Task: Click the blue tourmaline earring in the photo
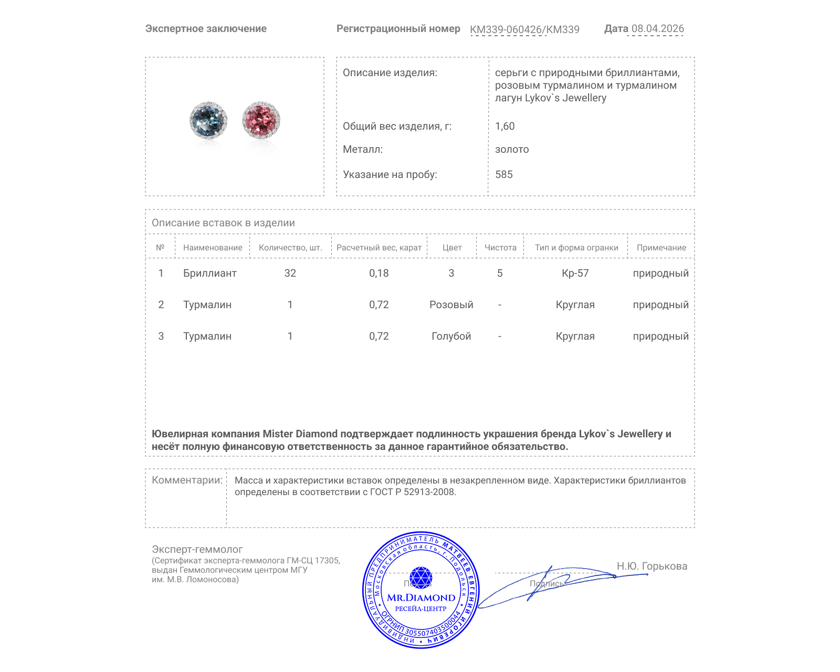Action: click(208, 120)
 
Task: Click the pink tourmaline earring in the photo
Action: click(261, 120)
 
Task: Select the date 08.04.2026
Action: click(657, 29)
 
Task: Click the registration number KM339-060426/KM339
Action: click(524, 30)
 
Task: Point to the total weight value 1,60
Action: click(505, 126)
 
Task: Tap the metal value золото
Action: click(512, 149)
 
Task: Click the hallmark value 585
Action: click(504, 174)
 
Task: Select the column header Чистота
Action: click(500, 248)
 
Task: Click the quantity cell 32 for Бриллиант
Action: click(290, 273)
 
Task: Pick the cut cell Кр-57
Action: click(575, 273)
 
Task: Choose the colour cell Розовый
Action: click(451, 304)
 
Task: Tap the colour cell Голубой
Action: click(451, 336)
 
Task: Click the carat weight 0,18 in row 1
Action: click(379, 273)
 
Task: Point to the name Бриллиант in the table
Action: click(209, 273)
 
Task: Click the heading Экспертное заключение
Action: click(206, 29)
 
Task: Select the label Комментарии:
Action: click(187, 480)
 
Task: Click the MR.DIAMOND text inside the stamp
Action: click(421, 597)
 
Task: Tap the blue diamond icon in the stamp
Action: click(421, 577)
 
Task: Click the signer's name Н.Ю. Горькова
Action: click(652, 566)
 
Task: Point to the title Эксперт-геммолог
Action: click(197, 549)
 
